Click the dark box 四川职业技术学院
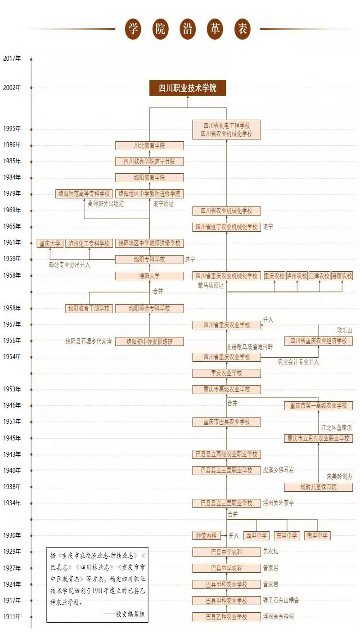pos(188,88)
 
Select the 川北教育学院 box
pos(149,146)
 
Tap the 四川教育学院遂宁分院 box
pos(149,162)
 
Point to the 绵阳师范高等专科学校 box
pos(84,194)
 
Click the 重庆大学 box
pos(50,243)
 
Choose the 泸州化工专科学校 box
pos(89,243)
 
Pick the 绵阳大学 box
pos(149,276)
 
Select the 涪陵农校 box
pos(342,276)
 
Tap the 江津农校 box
pos(319,276)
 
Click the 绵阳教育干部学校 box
pos(89,309)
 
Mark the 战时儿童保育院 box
pos(319,487)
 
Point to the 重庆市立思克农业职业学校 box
pos(319,438)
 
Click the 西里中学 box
pos(256,536)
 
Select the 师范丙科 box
pos(206,536)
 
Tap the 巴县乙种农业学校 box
pos(226,617)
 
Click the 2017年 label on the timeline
pos(12,58)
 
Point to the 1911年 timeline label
pos(12,617)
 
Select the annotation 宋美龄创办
pos(340,476)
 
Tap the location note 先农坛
pos(271,552)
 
